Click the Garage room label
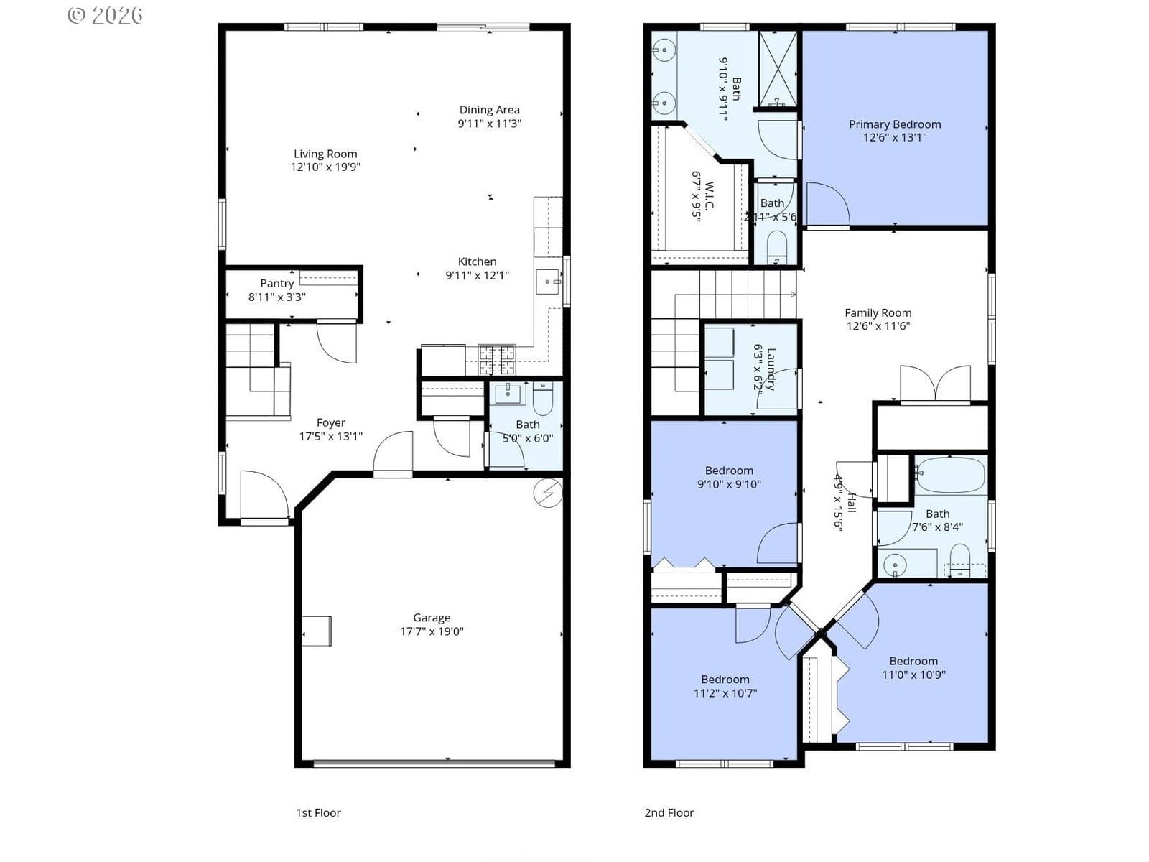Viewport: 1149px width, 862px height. tap(432, 618)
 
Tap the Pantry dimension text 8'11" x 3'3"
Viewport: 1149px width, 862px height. tap(277, 297)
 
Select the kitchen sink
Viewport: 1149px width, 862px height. tap(547, 282)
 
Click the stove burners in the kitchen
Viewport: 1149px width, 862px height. tap(497, 360)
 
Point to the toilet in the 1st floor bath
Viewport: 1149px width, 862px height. tap(542, 399)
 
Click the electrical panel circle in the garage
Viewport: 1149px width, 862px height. tap(547, 493)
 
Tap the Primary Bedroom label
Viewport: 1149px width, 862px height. tap(895, 124)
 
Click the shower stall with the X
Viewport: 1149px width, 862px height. tap(778, 69)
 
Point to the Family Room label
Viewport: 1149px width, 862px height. tap(878, 313)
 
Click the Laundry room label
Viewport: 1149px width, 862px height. tap(771, 369)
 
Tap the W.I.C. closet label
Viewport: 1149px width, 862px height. tap(709, 196)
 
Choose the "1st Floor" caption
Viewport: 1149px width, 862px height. tap(318, 813)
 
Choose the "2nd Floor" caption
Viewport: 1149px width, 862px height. tap(669, 813)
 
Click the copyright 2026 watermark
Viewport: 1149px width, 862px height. tap(106, 15)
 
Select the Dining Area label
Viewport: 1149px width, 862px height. tap(490, 110)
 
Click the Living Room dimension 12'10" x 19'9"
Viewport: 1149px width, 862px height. tap(325, 167)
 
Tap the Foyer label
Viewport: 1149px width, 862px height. tap(331, 423)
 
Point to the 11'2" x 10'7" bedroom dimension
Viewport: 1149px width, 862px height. tap(725, 693)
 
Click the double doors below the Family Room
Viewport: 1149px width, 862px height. tap(935, 384)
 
